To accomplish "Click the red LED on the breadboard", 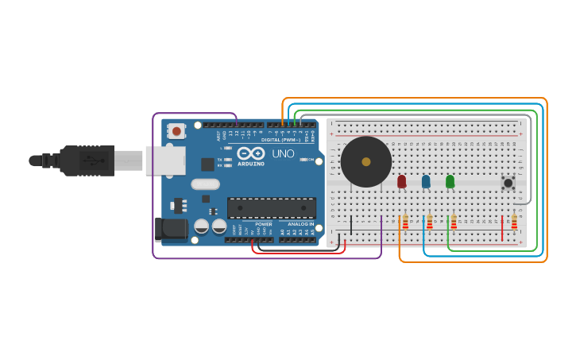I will [401, 181].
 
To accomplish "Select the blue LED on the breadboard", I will [426, 181].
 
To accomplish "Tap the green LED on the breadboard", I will [450, 181].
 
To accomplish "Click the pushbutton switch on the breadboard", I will [508, 183].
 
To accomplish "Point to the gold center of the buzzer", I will [365, 161].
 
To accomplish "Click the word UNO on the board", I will [283, 153].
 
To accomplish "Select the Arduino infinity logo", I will [250, 153].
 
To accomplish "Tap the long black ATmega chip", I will [271, 207].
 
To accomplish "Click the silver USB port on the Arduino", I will [165, 160].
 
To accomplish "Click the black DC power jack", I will [171, 229].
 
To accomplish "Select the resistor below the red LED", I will [405, 222].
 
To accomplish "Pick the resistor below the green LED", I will [454, 222].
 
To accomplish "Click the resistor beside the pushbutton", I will [514, 222].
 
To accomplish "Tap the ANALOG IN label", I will [300, 225].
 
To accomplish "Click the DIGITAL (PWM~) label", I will [280, 140].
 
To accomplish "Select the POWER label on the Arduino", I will [264, 225].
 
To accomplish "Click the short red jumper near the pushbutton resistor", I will [502, 226].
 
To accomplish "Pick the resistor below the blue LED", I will [430, 222].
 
